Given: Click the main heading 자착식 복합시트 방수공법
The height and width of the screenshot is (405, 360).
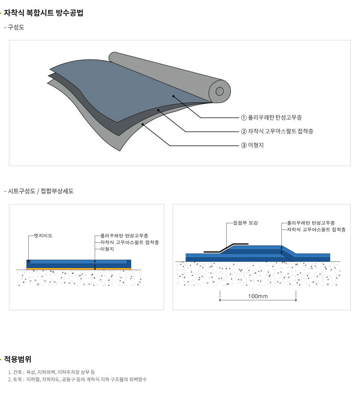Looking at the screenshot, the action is tap(43, 13).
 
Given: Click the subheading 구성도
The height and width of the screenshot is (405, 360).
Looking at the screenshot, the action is tap(16, 27).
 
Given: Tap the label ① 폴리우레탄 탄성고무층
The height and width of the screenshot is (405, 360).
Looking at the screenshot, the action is tap(271, 118).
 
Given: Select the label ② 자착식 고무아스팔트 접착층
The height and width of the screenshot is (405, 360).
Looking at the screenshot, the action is tap(277, 131).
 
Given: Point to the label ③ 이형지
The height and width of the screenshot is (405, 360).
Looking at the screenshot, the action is tap(252, 145).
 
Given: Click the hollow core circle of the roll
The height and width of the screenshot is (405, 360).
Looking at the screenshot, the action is tap(220, 91).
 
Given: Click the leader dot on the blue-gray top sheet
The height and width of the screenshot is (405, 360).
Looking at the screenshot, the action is tap(174, 96).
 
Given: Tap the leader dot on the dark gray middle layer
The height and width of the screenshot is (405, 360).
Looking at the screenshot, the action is tap(158, 110).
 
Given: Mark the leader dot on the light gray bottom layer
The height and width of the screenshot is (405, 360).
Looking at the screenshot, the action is tap(143, 124).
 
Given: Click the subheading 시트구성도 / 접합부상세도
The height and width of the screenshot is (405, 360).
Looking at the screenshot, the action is tap(41, 191).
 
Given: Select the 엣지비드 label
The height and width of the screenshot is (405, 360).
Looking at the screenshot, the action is tap(43, 236).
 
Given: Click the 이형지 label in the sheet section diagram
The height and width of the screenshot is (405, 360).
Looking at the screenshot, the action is tap(107, 249).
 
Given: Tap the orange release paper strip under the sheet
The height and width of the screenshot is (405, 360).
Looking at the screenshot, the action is tap(78, 269).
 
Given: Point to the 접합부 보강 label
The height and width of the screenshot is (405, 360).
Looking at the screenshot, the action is tap(246, 223).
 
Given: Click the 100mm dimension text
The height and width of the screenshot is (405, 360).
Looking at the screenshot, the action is tap(258, 296).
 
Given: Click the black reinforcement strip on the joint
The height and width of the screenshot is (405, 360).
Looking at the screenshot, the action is tap(226, 248).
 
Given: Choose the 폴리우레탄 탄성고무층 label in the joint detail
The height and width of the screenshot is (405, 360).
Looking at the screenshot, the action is tap(311, 223).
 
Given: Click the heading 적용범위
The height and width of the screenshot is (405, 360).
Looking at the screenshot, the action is tap(18, 359).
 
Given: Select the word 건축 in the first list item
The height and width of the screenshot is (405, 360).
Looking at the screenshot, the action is tap(17, 372).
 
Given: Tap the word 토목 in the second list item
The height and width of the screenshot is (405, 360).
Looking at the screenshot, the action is tap(17, 379).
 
